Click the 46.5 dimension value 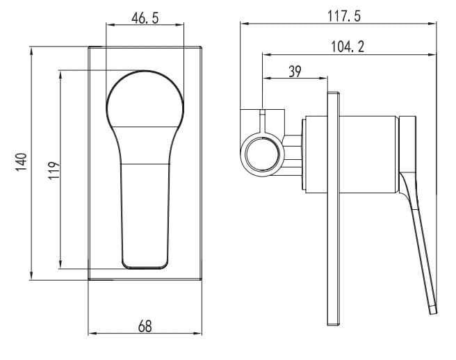[x=145, y=18]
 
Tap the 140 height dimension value [x=22, y=162]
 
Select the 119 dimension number [x=54, y=170]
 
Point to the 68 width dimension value [x=145, y=326]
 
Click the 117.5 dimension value [x=344, y=16]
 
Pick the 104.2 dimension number [x=348, y=47]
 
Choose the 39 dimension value [x=295, y=72]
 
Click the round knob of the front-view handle [x=145, y=99]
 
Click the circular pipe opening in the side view [x=263, y=154]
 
